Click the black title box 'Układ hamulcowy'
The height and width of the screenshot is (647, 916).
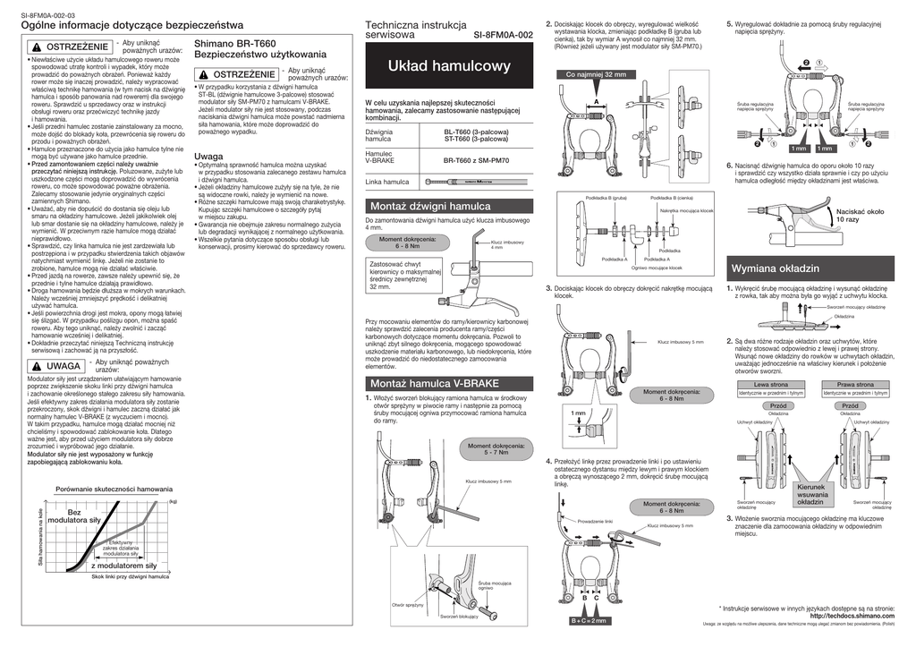coord(449,67)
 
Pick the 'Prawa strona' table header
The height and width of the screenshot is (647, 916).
coord(854,384)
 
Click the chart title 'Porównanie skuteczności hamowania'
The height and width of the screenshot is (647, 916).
coord(114,490)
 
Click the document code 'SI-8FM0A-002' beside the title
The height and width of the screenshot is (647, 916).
coord(503,35)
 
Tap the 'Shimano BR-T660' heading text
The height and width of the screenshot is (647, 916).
coord(230,42)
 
